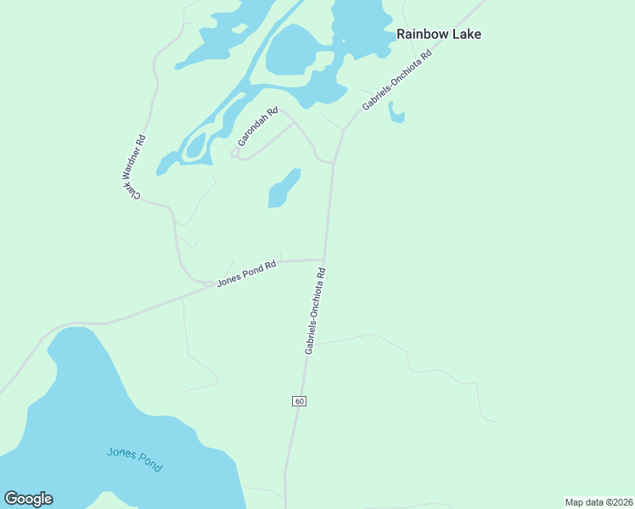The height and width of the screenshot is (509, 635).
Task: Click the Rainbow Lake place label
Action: coord(439,35)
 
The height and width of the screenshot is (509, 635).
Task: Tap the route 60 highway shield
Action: coord(299,400)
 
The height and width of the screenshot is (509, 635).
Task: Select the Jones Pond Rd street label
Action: coord(246,273)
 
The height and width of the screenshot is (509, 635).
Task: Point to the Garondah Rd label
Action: coord(258,126)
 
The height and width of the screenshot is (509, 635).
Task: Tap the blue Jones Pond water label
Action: coord(134,459)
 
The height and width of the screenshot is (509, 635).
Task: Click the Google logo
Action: coord(28,499)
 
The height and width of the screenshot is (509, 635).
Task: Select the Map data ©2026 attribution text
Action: coord(599,502)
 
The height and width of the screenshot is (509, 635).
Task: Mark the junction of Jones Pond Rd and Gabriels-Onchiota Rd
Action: coord(324,260)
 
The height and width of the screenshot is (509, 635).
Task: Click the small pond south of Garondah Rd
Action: coord(284,188)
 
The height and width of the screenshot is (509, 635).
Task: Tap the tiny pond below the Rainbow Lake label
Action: coord(396,113)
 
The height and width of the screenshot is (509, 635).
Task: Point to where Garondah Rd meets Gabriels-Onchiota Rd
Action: coord(334,161)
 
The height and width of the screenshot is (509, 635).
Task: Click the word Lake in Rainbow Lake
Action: coord(467,35)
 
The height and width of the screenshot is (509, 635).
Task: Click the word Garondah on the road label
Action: coord(255,131)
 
